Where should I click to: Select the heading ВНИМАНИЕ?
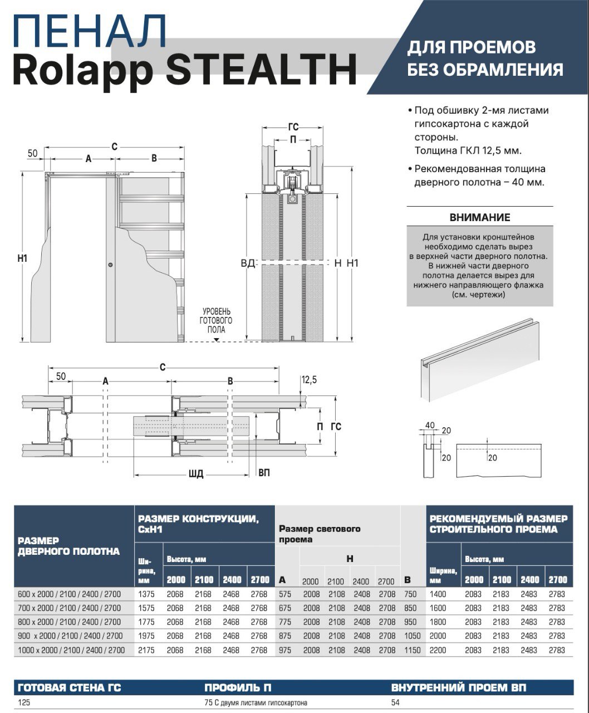[479, 217]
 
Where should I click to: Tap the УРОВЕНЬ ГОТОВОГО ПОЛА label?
[216, 320]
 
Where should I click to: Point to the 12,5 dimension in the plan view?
[309, 380]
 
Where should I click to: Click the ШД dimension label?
[196, 474]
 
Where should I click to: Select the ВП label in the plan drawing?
[264, 472]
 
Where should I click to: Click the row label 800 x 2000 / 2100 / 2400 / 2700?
[69, 622]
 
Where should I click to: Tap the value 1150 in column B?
[412, 649]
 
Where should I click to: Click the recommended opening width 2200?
[438, 649]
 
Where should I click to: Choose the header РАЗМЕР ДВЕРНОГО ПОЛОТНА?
[68, 546]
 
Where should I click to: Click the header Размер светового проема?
[320, 534]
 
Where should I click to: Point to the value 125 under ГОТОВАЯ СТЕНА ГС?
[24, 702]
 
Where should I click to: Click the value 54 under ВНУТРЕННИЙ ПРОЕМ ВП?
[395, 702]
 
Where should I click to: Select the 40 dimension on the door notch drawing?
[429, 426]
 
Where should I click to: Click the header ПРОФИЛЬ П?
[238, 687]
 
